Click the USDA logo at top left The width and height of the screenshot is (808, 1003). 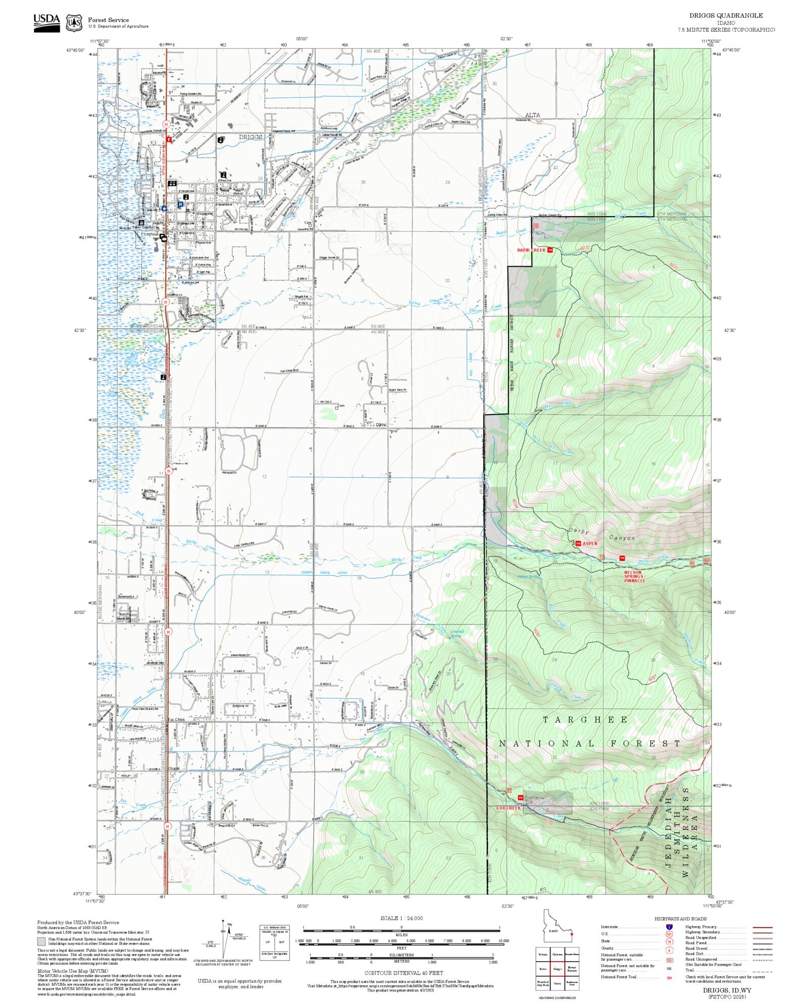46,22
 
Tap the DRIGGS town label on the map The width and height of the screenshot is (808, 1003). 250,137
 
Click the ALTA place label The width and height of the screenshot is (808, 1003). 532,115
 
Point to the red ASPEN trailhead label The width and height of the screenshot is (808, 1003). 590,543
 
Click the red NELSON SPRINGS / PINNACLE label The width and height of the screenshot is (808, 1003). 634,577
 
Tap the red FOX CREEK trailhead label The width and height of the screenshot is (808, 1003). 508,808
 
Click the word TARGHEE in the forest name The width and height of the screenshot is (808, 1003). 585,720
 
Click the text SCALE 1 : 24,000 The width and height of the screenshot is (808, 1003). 401,918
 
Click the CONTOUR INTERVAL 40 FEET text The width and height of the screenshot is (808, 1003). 403,973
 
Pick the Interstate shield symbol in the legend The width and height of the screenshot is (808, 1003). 669,927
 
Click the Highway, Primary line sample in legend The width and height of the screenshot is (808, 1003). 762,928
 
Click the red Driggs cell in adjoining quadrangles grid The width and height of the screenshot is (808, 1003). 557,969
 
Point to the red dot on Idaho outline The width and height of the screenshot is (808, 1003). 571,934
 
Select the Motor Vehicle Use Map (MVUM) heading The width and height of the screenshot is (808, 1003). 73,971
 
